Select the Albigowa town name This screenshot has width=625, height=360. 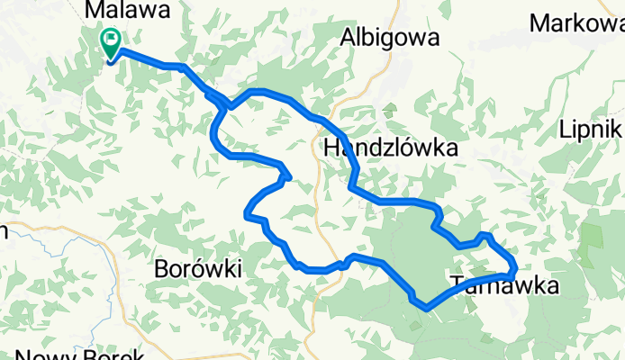pos(390,38)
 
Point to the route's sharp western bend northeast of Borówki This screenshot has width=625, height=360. pos(248,213)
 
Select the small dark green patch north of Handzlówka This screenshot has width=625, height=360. pos(389,112)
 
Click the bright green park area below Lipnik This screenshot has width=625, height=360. pos(592,236)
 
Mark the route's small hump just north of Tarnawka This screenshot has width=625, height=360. pos(485,236)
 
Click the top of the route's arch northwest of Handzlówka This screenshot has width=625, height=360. pos(261,91)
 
